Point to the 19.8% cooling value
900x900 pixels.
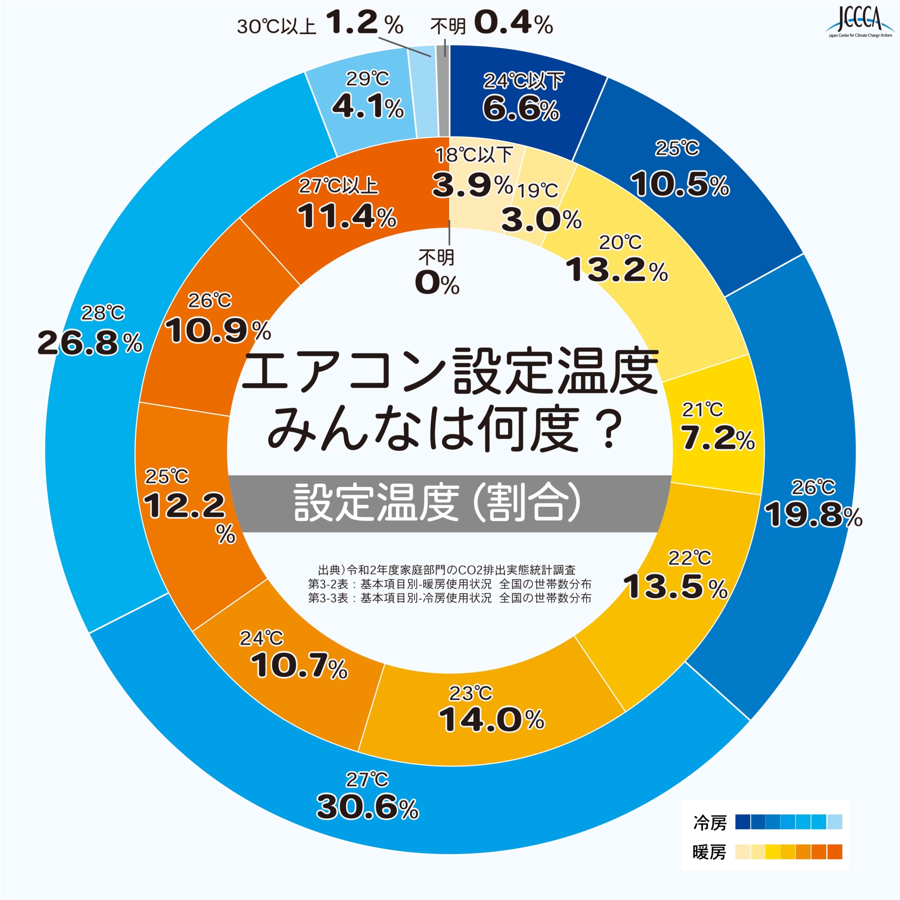click(x=813, y=515)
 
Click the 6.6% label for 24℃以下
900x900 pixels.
click(x=521, y=109)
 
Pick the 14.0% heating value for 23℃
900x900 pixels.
click(x=491, y=720)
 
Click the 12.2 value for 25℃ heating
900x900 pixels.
click(x=185, y=506)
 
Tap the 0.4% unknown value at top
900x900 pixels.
click(x=513, y=23)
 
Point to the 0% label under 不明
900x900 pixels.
click(x=437, y=283)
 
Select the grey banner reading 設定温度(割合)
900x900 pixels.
click(x=449, y=503)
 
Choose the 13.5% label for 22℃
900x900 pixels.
click(x=675, y=587)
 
